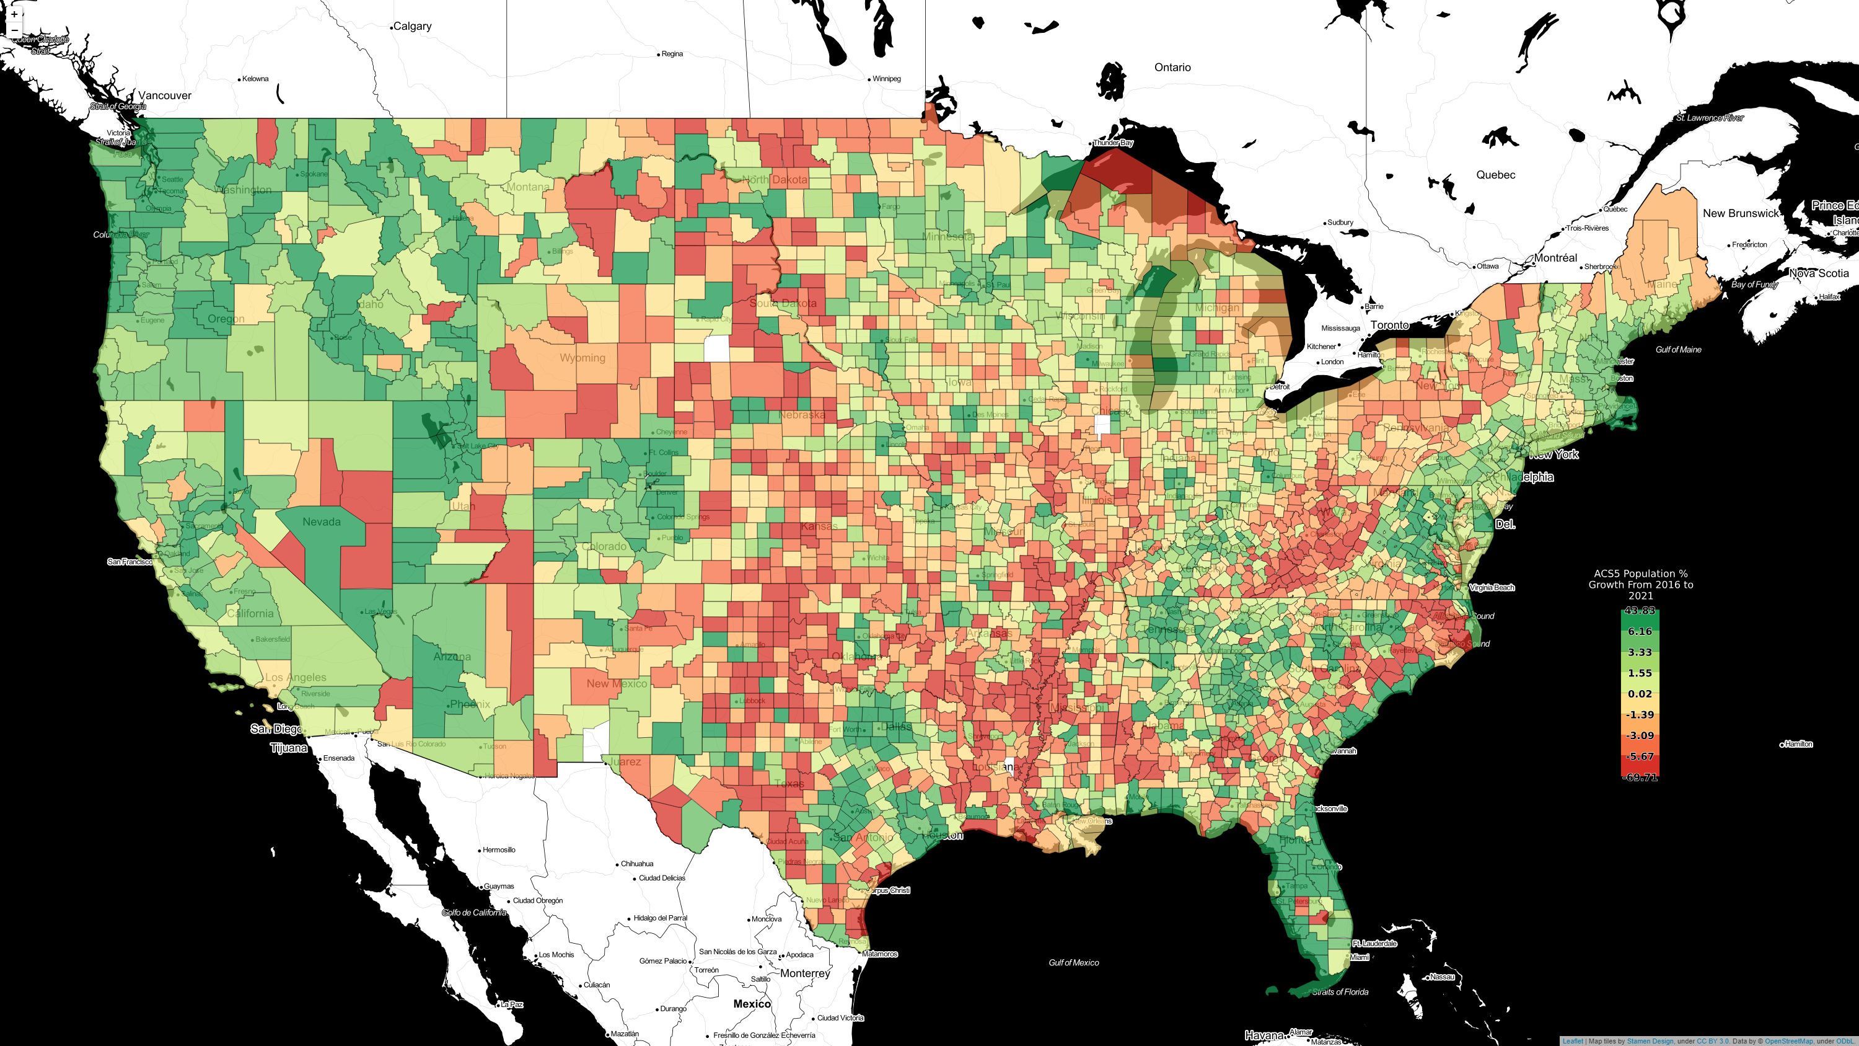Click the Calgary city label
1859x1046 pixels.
click(412, 26)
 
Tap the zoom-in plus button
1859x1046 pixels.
click(14, 14)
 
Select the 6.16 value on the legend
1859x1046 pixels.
click(1640, 631)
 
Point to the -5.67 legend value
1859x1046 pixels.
click(1640, 756)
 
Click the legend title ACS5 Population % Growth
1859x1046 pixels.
click(1640, 584)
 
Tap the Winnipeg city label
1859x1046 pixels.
click(886, 79)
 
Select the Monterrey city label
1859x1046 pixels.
click(805, 973)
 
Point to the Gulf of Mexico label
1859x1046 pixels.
click(1073, 962)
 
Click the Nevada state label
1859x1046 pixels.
click(321, 521)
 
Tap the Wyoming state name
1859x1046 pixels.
click(582, 357)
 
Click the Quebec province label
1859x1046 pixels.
click(1495, 175)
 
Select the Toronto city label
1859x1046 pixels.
click(1389, 325)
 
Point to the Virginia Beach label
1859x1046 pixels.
click(1492, 588)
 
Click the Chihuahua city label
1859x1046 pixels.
click(636, 863)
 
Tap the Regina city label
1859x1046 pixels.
click(671, 54)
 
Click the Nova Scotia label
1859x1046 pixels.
click(1819, 273)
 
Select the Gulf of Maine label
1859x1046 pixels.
click(1678, 349)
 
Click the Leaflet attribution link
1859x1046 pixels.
click(1573, 1041)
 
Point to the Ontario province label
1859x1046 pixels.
click(1172, 67)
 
